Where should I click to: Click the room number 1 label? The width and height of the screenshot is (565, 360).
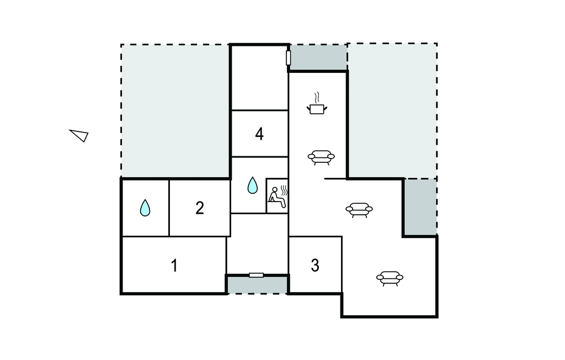coord(174,266)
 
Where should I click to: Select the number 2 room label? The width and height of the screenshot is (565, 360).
coord(200,208)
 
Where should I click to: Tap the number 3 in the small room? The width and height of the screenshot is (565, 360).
coord(315,266)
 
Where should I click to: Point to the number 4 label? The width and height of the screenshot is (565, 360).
coord(259,134)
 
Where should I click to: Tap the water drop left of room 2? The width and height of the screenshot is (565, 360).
coord(145,208)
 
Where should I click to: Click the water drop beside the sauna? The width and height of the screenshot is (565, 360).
coord(252,186)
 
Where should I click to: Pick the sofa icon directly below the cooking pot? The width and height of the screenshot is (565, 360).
coord(321,157)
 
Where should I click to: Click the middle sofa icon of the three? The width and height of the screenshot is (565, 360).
coord(359,210)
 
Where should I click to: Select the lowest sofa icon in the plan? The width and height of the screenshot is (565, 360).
coord(390,278)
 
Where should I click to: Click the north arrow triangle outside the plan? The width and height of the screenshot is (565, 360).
coord(79,135)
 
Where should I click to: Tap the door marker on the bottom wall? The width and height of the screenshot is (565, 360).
coord(256,275)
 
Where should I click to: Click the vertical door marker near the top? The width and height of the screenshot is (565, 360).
coord(288,57)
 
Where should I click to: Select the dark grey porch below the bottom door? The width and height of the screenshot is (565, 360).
coord(257,285)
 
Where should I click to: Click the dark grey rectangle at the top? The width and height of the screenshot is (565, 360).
coord(318,57)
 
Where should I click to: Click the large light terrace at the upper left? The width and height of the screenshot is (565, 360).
coord(174,110)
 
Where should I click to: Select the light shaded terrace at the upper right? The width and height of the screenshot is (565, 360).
coord(392,110)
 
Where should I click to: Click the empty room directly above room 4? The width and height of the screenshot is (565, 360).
coord(259,77)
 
